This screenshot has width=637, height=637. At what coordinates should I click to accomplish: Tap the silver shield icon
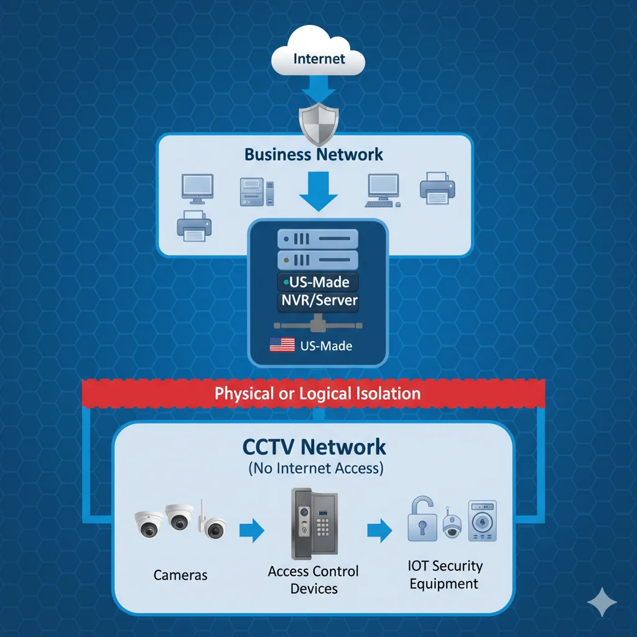(x=318, y=124)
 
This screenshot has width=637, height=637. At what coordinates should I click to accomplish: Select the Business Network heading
(x=314, y=154)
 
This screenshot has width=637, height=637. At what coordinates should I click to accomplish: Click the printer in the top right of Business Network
(x=438, y=187)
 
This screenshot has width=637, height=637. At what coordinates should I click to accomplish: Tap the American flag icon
(x=282, y=345)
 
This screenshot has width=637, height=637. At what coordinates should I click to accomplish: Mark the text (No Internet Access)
(x=315, y=468)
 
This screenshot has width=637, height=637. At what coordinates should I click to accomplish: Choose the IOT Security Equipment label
(x=444, y=575)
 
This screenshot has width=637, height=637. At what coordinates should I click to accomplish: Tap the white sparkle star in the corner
(x=602, y=602)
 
